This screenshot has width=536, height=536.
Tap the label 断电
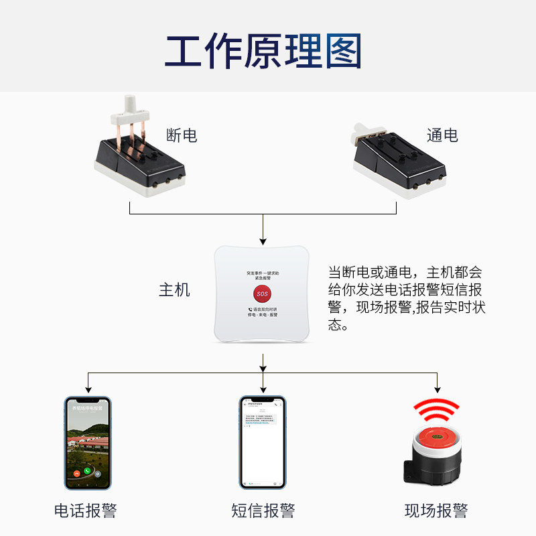[182, 136]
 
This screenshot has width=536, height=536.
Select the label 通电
[442, 135]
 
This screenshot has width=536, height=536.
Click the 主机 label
[174, 290]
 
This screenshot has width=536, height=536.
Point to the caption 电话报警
[86, 511]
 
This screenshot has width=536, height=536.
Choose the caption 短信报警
[263, 511]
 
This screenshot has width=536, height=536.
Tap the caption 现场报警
[435, 511]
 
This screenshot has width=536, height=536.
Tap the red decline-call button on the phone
[78, 472]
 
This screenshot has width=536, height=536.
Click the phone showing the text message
[263, 442]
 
